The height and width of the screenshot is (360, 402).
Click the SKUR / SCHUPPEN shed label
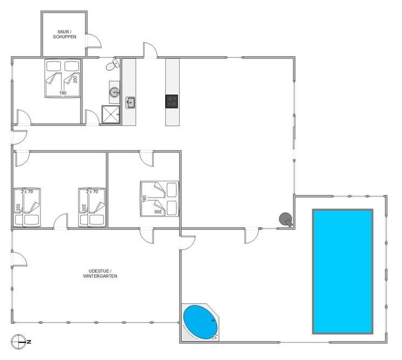(x=65, y=35)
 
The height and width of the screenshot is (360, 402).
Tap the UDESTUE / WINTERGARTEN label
(x=100, y=274)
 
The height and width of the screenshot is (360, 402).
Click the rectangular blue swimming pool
(x=343, y=271)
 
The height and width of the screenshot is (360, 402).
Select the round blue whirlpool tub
(x=201, y=322)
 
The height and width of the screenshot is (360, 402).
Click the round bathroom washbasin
(x=114, y=92)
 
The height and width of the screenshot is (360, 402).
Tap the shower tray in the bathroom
(x=111, y=114)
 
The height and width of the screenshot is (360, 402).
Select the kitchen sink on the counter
(x=130, y=103)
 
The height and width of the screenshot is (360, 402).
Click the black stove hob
(x=172, y=101)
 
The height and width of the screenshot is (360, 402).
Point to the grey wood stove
(x=286, y=220)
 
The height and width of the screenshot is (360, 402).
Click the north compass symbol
(x=19, y=342)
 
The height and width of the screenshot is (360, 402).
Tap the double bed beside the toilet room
(x=63, y=78)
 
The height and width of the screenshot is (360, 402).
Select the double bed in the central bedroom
(x=160, y=199)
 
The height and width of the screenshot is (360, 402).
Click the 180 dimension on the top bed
(x=63, y=93)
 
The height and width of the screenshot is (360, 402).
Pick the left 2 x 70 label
(x=27, y=192)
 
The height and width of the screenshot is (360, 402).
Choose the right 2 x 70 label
(x=92, y=192)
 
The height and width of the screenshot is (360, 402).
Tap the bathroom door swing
(x=92, y=118)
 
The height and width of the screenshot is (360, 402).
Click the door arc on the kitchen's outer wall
(x=150, y=50)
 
